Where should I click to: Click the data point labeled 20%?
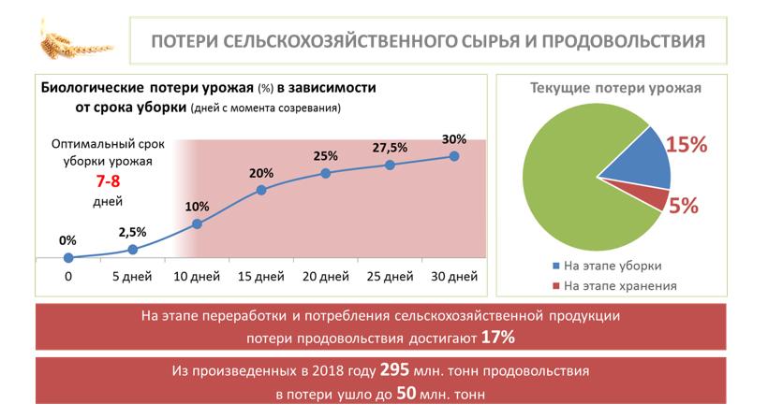pyautogui.click(x=261, y=190)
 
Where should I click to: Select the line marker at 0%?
pyautogui.click(x=68, y=257)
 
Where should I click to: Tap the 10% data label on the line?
pyautogui.click(x=197, y=206)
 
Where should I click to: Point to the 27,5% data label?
pyautogui.click(x=390, y=147)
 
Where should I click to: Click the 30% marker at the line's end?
pyautogui.click(x=454, y=156)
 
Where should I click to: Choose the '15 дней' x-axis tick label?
pyautogui.click(x=261, y=277)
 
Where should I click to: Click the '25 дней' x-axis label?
pyautogui.click(x=390, y=277)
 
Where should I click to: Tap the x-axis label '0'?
pyautogui.click(x=68, y=277)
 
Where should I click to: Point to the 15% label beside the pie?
pyautogui.click(x=687, y=146)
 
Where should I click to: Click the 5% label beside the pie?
pyautogui.click(x=683, y=207)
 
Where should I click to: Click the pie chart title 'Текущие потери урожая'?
pyautogui.click(x=615, y=89)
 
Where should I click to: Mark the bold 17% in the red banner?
pyautogui.click(x=498, y=337)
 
